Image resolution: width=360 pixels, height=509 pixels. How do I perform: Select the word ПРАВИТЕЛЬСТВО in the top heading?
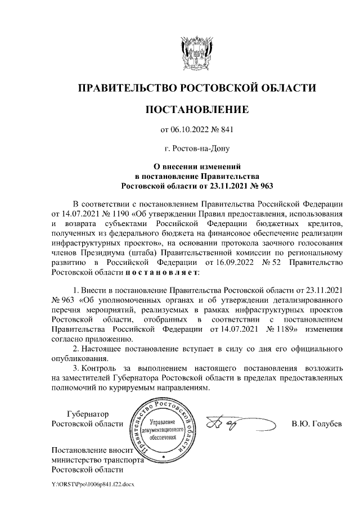(x=127, y=88)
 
